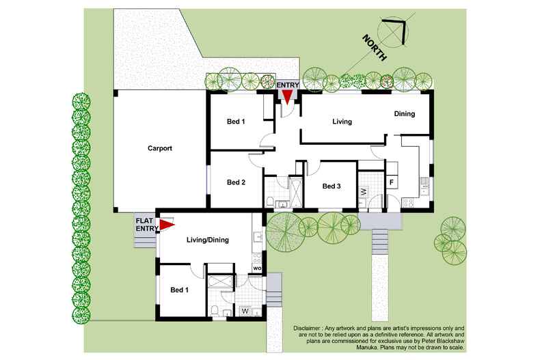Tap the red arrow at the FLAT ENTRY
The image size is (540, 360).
click(167, 224)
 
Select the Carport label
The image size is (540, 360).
click(159, 148)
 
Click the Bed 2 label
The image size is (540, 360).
click(236, 182)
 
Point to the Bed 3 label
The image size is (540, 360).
click(331, 186)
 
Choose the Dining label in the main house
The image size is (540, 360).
click(404, 114)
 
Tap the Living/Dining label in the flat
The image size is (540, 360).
click(207, 240)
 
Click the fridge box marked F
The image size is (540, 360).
click(392, 182)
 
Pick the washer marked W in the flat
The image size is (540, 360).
click(245, 311)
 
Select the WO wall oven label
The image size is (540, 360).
click(257, 268)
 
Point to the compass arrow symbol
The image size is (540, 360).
click(394, 31)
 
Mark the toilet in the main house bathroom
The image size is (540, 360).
click(271, 201)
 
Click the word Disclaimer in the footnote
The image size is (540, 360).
click(311, 329)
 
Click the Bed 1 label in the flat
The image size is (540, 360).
click(179, 290)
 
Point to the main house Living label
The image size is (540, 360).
click(342, 122)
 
